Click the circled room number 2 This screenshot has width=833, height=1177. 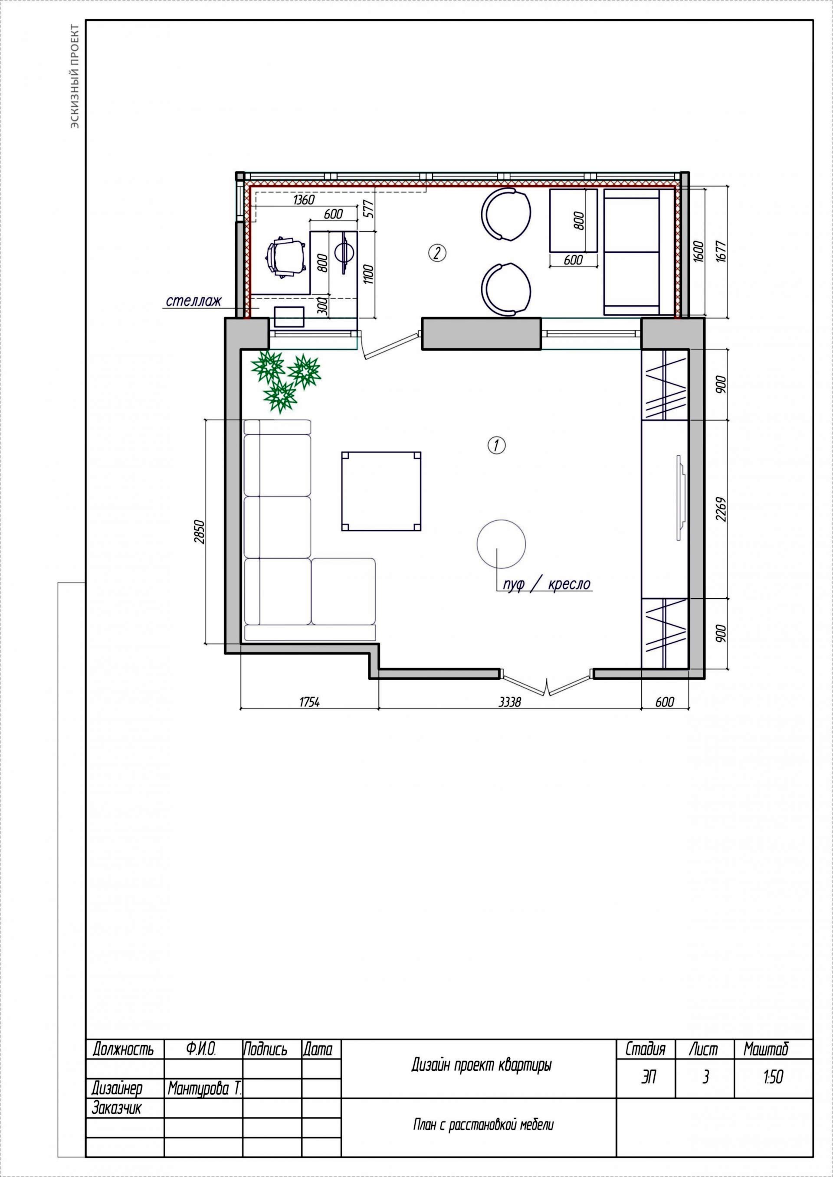pos(436,253)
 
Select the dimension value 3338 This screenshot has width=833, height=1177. pos(509,702)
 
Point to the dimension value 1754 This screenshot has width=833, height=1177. pos(309,702)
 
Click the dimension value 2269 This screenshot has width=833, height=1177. pos(721,509)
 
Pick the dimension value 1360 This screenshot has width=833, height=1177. pos(303,199)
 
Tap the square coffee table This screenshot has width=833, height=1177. pos(381,491)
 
